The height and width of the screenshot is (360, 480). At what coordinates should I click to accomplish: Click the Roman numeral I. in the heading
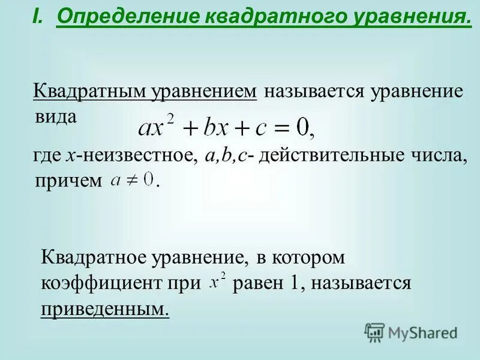tap(38, 19)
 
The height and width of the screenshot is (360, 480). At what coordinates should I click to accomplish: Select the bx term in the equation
tap(215, 127)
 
